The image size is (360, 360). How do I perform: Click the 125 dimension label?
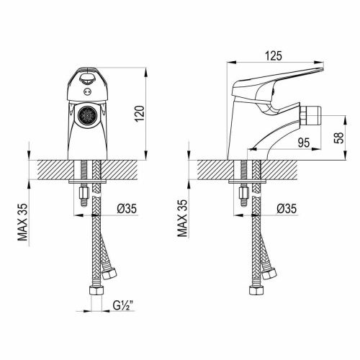(x=274, y=56)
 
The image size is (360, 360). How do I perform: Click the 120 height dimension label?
(x=140, y=113)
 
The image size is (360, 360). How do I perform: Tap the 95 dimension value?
(x=304, y=143)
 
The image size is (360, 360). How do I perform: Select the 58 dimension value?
(x=339, y=138)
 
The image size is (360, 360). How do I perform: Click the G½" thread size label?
(x=123, y=305)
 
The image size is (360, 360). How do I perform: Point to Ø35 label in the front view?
(x=127, y=209)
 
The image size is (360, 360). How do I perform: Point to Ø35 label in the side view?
(x=287, y=209)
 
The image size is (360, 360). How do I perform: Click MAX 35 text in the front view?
(x=23, y=222)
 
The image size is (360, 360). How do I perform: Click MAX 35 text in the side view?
(x=183, y=218)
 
